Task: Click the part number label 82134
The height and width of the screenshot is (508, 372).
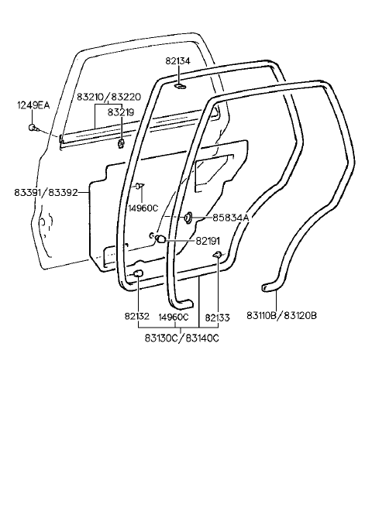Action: [177, 61]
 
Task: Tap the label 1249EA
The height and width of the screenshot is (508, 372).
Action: [33, 105]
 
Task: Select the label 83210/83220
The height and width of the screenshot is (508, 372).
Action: [108, 97]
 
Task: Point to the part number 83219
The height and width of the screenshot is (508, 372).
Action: [121, 112]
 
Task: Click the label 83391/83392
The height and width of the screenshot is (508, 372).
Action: [46, 193]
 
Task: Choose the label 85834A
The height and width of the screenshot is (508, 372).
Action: [231, 218]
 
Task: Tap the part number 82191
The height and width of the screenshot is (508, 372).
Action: [208, 241]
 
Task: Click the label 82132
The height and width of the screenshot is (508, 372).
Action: [137, 316]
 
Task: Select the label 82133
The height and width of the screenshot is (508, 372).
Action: [217, 317]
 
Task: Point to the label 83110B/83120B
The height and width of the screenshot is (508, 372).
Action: [281, 315]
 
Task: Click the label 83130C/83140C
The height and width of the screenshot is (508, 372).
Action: [181, 338]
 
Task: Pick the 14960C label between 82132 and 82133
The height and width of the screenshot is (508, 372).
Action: [174, 317]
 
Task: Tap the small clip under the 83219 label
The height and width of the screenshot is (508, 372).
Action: [121, 143]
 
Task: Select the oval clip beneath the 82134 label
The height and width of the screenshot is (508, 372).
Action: [179, 86]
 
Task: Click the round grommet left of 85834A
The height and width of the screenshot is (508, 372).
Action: [188, 218]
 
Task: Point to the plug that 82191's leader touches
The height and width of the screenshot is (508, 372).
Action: [160, 239]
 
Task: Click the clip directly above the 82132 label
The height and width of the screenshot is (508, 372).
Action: [138, 273]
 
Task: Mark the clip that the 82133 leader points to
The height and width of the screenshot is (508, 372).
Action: [217, 255]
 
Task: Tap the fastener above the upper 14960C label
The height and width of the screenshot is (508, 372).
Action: [139, 186]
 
